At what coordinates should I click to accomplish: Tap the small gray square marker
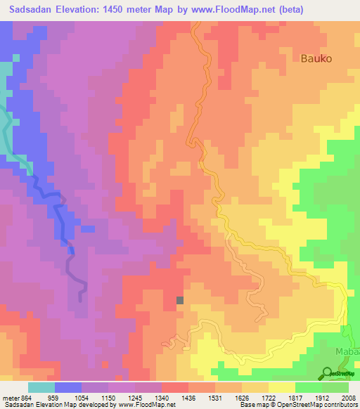(180, 300)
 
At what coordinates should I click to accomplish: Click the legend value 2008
(348, 398)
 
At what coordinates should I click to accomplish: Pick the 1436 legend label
(188, 398)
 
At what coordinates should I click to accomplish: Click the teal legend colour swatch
(41, 387)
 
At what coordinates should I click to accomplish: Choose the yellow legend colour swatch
(281, 387)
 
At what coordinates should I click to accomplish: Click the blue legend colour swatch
(67, 387)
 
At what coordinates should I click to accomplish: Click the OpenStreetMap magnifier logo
(328, 372)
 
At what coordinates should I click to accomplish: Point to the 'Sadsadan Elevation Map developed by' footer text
(49, 405)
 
